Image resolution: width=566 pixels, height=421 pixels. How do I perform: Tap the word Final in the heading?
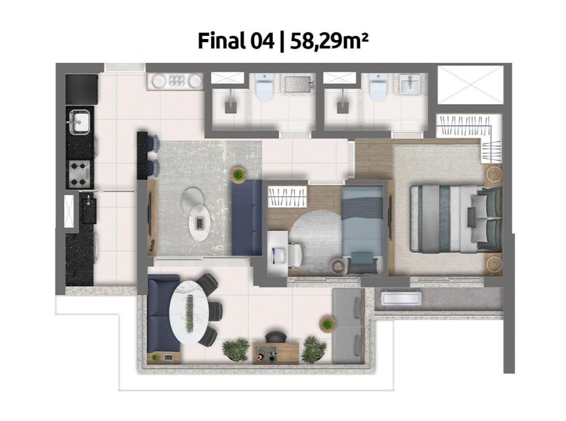click(x=221, y=41)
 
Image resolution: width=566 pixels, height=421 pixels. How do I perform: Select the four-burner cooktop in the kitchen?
click(x=80, y=173)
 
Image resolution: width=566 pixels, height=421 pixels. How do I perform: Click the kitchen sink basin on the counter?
click(x=79, y=121)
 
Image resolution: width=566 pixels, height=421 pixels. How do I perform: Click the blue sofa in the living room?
click(x=247, y=218)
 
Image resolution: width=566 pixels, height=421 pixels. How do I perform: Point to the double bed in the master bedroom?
click(x=456, y=219)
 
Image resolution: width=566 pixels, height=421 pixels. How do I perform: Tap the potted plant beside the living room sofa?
click(x=238, y=175)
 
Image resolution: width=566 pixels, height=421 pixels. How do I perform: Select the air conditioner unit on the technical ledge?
click(x=402, y=298)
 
